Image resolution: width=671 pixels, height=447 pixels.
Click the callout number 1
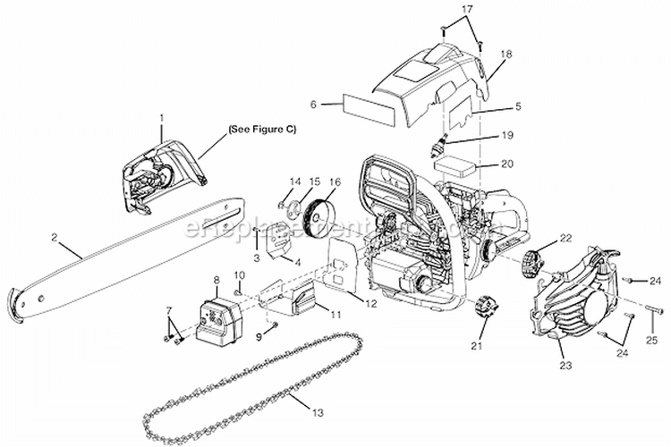(162, 117)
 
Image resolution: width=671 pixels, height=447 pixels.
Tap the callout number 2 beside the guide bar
(55, 237)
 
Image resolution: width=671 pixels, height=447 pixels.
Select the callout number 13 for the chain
(320, 413)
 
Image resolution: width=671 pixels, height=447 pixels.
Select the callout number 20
(506, 164)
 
